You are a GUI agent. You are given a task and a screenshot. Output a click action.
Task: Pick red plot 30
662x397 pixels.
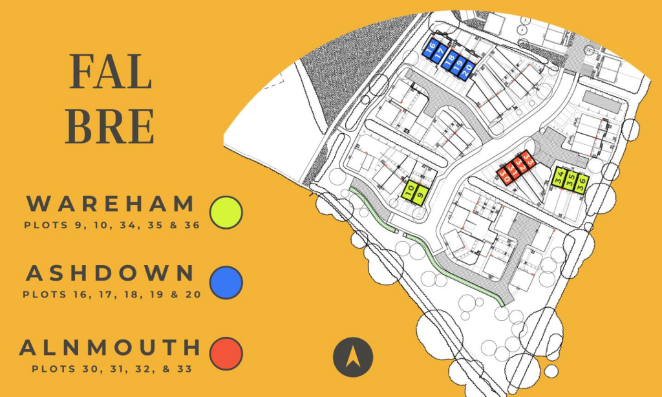coord(504,173)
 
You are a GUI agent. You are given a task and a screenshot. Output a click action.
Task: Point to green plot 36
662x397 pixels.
coord(581,183)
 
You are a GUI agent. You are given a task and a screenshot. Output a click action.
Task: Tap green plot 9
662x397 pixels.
coord(420,192)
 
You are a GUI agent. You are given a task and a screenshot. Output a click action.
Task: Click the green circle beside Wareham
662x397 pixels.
coord(226,212)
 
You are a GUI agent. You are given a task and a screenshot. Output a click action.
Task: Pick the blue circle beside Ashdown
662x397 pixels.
coord(226,283)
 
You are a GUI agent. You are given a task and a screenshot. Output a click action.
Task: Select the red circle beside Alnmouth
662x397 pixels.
coord(226,353)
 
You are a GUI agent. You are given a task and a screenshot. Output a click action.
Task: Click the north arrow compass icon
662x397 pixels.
coord(353,357)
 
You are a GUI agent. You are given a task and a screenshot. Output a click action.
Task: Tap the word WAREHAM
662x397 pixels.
coord(111,204)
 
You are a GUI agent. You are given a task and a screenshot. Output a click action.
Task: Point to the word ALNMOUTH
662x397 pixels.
coord(111,347)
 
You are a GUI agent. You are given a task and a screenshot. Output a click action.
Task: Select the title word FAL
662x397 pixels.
coord(111,72)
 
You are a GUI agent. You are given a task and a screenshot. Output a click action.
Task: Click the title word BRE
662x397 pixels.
coord(111,126)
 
